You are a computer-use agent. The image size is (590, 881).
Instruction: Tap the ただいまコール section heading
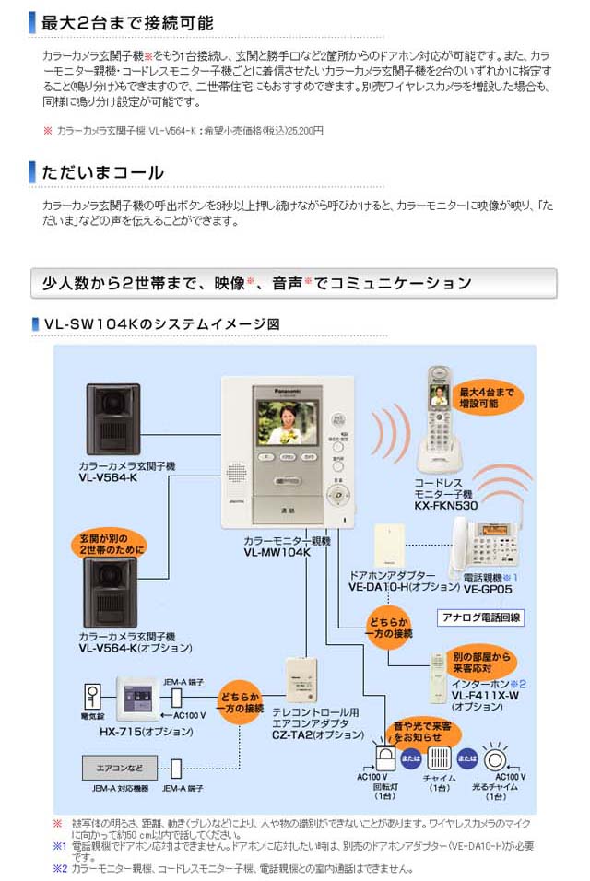102,172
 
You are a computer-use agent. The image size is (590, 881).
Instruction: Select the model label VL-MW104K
277,552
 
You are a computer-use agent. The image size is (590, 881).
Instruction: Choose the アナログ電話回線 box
478,618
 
